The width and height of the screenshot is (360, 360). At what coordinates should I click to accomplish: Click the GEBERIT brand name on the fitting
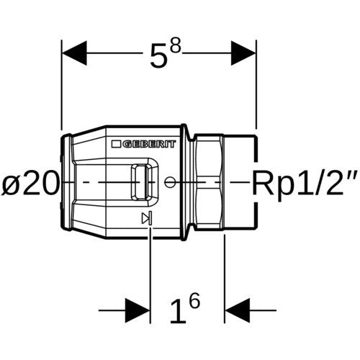(x=149, y=144)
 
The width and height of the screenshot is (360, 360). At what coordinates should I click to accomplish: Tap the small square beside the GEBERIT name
(x=116, y=144)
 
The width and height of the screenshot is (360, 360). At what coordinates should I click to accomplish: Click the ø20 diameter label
(x=30, y=183)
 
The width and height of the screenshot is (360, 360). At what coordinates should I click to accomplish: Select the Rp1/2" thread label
(x=305, y=183)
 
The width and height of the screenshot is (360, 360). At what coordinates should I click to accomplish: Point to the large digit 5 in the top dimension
(x=158, y=57)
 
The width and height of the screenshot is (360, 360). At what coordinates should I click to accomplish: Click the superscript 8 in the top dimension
(x=175, y=46)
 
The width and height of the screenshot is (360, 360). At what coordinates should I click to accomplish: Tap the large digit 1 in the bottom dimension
(x=178, y=311)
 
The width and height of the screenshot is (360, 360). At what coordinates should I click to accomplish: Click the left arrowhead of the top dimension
(x=74, y=53)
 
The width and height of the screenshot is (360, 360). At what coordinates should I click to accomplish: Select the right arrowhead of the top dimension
(x=243, y=53)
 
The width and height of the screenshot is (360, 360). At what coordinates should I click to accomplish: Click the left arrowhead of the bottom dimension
(x=138, y=310)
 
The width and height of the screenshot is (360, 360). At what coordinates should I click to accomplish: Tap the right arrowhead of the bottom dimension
(x=238, y=310)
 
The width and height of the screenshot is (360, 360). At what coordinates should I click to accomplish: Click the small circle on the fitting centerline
(x=170, y=182)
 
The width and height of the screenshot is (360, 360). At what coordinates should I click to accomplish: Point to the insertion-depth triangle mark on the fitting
(x=147, y=218)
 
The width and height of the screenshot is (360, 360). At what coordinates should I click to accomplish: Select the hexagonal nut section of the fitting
(x=209, y=182)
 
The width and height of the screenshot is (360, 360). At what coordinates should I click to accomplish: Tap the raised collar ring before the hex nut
(x=184, y=182)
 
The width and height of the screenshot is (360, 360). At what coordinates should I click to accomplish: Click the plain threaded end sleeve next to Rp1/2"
(x=240, y=182)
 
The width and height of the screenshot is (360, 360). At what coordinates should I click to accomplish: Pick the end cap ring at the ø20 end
(x=66, y=182)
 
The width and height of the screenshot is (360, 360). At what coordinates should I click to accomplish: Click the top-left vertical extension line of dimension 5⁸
(x=62, y=85)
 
